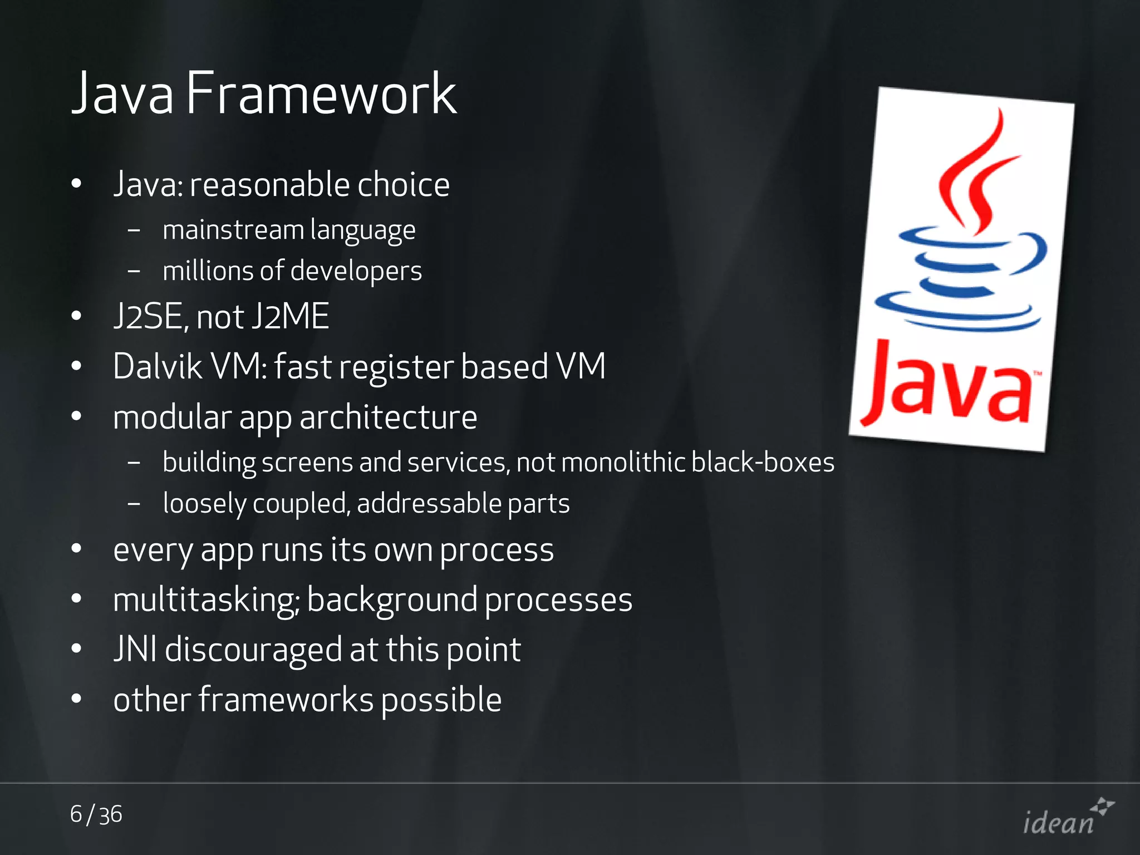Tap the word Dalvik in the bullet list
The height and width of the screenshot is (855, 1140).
[158, 367]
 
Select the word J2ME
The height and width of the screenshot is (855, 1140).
[290, 316]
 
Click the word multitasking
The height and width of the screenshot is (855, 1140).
[205, 600]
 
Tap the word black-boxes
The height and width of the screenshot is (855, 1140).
[763, 463]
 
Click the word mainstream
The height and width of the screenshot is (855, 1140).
[233, 230]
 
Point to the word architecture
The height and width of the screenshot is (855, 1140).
[388, 417]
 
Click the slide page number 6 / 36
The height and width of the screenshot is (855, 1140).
[96, 814]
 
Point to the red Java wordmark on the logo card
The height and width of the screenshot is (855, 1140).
[949, 384]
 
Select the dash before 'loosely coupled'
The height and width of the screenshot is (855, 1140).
[134, 504]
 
